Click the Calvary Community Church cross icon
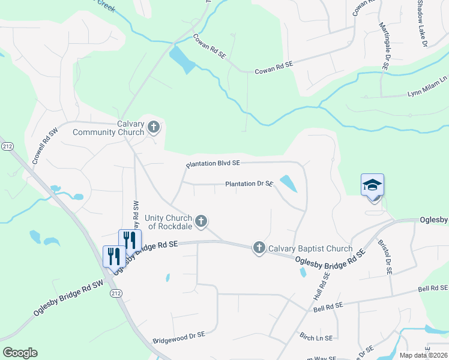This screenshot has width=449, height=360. point(154,127)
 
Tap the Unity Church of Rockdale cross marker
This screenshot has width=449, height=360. point(201,221)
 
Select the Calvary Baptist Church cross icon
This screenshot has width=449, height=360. point(259,247)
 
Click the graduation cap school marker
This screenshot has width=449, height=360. point(372,185)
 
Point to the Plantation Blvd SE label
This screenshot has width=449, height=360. point(213,163)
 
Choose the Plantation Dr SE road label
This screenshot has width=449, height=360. point(249,184)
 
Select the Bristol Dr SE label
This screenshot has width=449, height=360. point(384,257)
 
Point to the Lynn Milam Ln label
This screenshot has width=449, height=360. point(427,86)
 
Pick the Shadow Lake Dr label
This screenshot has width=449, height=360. point(421,21)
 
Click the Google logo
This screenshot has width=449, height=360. point(20,353)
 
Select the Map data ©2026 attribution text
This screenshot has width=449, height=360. point(423,355)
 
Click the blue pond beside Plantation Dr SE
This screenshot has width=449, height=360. point(288,184)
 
